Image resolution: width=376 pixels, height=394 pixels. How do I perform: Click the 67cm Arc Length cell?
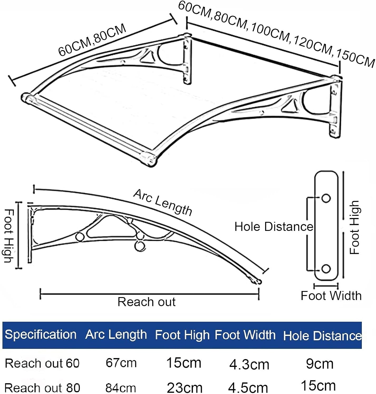point(121,363)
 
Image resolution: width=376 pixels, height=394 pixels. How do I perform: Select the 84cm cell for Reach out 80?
point(121,388)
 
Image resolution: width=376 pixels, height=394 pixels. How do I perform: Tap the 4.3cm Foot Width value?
point(249,365)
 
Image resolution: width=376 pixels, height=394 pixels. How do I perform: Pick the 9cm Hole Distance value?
point(320,364)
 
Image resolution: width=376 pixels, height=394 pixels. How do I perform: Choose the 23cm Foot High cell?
point(185,388)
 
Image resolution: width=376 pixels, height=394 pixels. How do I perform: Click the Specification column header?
point(41,335)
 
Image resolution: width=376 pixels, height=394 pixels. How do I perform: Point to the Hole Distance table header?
point(322,336)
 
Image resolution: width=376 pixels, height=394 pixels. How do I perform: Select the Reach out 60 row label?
point(42,363)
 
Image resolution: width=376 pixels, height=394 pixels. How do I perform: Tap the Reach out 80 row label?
point(42,388)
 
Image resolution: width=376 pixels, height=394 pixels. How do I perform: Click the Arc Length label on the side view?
point(163,202)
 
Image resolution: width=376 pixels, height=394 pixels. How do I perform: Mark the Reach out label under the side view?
point(146,302)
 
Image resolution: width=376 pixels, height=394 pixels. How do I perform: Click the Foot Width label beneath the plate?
point(331,296)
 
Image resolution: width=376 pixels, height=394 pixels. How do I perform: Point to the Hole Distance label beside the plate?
point(274,227)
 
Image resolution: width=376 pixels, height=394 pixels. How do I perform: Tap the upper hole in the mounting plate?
point(326,198)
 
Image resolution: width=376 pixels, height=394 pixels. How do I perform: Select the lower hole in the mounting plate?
point(326,269)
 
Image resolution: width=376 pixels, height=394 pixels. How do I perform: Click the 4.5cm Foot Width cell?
point(248,388)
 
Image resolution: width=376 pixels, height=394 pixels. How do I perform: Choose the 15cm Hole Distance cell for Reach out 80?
point(318,386)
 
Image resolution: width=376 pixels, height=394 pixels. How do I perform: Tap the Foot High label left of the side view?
point(9,236)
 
